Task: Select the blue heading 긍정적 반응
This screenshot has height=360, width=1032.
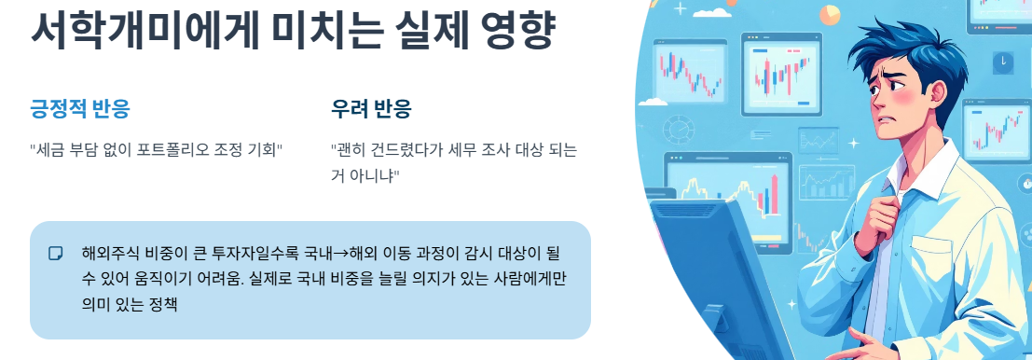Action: coord(80,110)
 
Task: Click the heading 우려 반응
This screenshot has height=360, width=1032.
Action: coord(371,110)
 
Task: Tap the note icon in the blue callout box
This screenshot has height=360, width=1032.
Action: coord(56,253)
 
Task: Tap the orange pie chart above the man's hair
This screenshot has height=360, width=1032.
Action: coord(829,15)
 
